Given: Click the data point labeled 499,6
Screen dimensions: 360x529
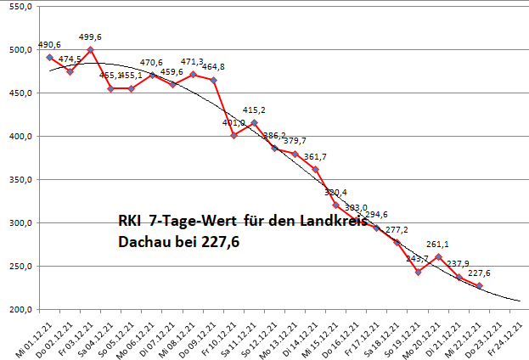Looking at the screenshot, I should pos(91,50).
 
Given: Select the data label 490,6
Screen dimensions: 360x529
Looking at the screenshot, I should pos(50,45).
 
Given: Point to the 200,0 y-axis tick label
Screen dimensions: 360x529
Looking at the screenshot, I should pos(19,310).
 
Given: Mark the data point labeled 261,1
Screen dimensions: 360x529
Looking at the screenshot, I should pos(438,256).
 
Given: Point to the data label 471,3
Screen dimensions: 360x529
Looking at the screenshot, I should pos(193,62).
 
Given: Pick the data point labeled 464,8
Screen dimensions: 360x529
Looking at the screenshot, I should pos(213,80).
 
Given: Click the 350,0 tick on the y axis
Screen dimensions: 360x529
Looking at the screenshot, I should pos(19,180).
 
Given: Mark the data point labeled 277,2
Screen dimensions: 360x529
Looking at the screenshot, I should pos(397,243).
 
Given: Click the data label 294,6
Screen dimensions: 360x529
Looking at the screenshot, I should pos(376,215).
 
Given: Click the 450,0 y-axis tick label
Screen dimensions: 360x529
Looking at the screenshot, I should pos(19,93).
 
